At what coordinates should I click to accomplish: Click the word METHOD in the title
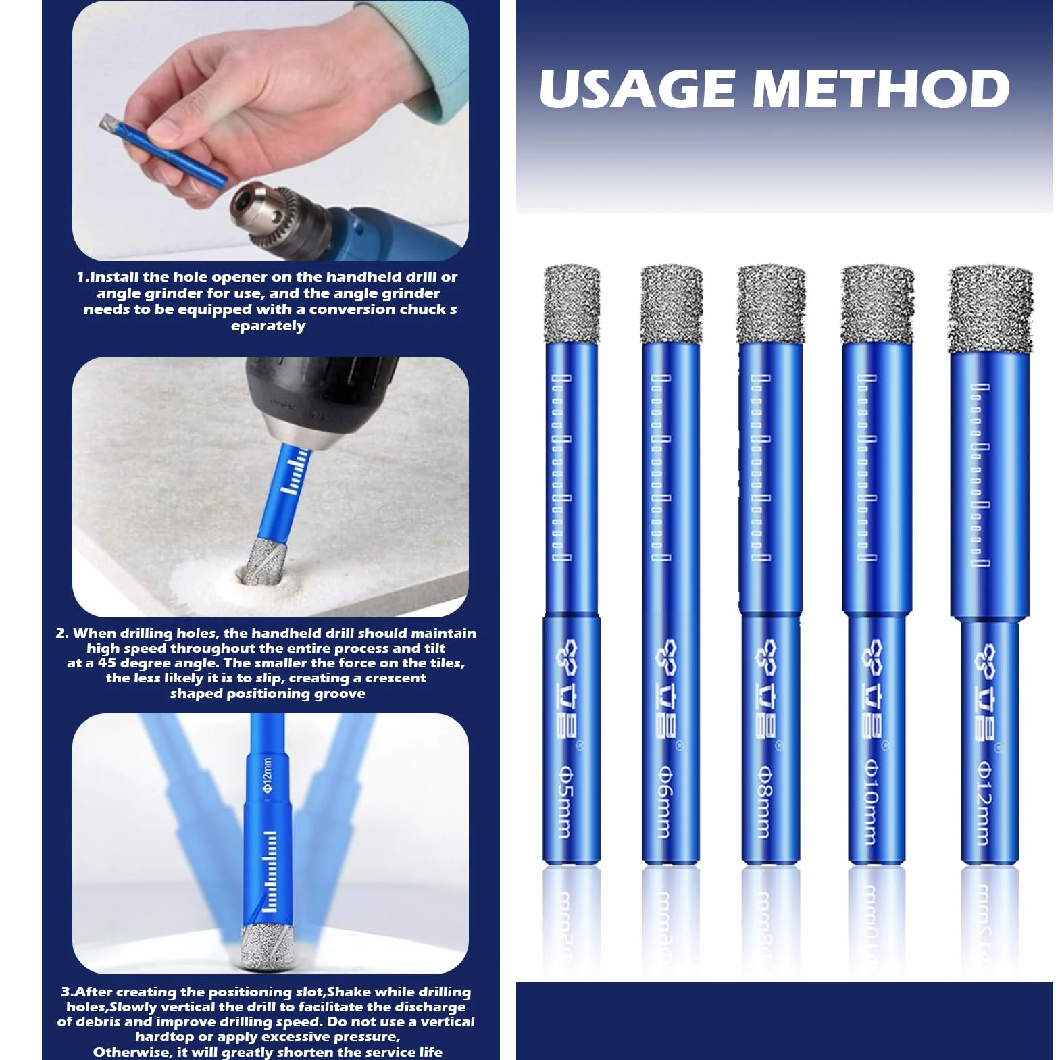[x=881, y=89]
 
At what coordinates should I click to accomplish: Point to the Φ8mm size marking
[x=761, y=801]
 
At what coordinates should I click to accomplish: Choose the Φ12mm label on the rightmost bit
[x=983, y=804]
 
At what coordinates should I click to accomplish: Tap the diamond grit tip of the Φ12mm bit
[x=990, y=309]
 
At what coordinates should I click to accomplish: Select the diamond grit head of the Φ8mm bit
[x=771, y=304]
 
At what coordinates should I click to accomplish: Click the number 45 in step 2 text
[x=107, y=663]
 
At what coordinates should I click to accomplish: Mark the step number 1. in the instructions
[x=82, y=277]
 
